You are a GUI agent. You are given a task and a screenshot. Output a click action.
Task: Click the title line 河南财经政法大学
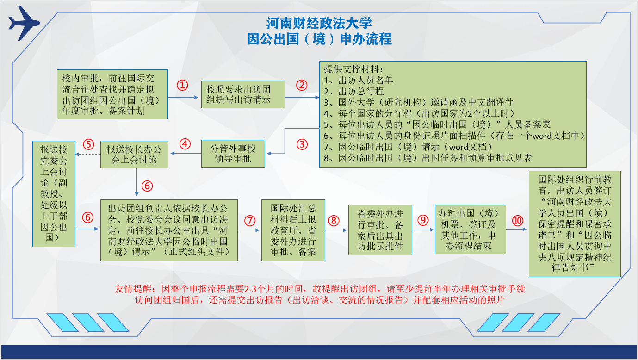319,23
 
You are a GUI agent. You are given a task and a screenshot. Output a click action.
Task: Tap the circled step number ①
182,85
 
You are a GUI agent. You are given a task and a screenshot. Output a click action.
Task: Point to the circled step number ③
302,144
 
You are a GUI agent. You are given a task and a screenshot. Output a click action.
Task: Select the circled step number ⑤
88,144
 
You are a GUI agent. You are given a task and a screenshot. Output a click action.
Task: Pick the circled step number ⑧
334,221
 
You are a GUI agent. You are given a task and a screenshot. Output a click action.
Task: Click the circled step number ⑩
518,221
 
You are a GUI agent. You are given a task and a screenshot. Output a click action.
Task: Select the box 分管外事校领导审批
233,154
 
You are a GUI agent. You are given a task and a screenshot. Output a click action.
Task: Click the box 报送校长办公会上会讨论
134,155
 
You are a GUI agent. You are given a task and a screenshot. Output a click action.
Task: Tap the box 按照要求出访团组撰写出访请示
243,94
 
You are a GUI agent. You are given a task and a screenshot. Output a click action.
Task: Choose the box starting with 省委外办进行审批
380,230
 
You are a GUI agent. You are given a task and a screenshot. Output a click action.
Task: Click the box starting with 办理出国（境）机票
471,229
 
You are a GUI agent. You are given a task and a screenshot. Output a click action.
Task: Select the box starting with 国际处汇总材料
293,230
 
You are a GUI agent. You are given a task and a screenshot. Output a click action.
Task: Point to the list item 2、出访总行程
354,91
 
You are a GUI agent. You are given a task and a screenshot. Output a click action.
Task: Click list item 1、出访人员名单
358,80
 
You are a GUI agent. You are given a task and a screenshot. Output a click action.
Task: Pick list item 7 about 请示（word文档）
408,147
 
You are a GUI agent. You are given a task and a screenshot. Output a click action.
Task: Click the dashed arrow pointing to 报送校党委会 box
88,155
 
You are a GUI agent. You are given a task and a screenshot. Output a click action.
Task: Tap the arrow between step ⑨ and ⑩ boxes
516,229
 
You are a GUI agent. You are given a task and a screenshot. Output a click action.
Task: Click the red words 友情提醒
133,289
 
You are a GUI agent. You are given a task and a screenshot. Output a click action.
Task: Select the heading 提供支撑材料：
353,69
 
